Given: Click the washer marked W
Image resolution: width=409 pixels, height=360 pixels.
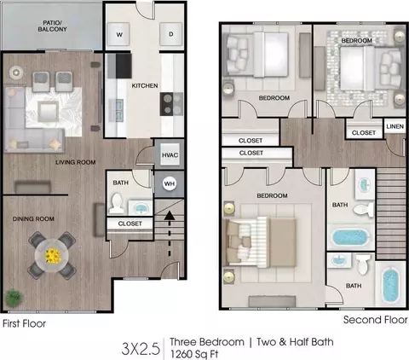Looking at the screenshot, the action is tap(118, 34).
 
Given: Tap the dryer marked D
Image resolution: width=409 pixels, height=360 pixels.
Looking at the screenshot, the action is tap(171, 34).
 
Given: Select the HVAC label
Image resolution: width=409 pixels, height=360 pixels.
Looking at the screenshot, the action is tap(170, 155).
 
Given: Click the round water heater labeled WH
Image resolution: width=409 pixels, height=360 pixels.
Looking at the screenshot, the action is tap(170, 183).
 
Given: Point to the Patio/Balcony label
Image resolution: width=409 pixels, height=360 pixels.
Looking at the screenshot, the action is tap(53, 26).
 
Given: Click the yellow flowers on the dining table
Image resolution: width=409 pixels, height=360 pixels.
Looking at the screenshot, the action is tap(53, 256).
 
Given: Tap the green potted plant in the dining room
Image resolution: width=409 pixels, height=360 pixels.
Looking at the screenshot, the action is tap(14, 297).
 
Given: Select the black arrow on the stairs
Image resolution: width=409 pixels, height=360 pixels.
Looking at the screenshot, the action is tap(170, 233).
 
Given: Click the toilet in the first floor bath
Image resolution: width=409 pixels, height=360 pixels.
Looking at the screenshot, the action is tap(117, 203).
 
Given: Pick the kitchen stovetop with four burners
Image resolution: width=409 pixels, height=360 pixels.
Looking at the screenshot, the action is tap(171, 104).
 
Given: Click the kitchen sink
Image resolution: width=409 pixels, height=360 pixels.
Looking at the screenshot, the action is tap(117, 110).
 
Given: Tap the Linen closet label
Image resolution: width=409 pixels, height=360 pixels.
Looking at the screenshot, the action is tap(395, 126).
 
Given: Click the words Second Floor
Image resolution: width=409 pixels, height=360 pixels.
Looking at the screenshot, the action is tap(375, 320).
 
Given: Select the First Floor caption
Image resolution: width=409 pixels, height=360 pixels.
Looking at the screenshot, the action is tap(24, 323).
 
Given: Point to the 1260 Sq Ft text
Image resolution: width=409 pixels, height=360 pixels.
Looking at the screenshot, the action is tap(194, 354).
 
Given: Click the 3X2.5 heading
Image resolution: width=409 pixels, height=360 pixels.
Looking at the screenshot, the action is tap(141, 349).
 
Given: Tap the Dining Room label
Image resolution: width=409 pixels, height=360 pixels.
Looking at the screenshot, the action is tap(33, 219).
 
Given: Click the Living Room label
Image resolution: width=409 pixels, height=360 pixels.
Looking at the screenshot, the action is tap(76, 162).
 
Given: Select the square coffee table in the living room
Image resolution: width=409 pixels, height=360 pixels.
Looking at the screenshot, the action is tap(49, 111).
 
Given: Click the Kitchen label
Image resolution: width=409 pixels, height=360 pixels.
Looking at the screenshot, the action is tap(145, 85).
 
